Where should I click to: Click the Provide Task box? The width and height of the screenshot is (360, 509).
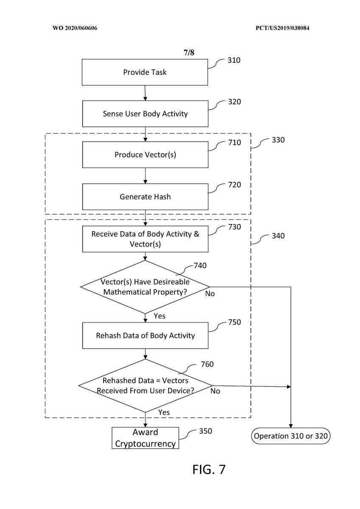click(x=145, y=72)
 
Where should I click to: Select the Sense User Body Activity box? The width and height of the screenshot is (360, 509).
click(x=145, y=114)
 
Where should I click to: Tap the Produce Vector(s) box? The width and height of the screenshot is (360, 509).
click(x=145, y=155)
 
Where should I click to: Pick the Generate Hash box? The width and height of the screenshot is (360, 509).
click(x=145, y=197)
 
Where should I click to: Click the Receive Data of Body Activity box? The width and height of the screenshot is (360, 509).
click(x=145, y=239)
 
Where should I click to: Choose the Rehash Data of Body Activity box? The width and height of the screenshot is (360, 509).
click(x=145, y=336)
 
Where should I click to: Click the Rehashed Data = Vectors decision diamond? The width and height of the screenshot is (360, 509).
click(x=145, y=386)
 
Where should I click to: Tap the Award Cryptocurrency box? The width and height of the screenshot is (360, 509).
click(x=145, y=438)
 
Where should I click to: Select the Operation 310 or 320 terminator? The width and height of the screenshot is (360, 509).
click(x=291, y=436)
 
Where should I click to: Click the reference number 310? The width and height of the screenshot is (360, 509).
click(x=233, y=60)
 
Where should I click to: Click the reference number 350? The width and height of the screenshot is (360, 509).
click(x=205, y=431)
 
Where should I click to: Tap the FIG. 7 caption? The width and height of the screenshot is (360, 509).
click(x=209, y=470)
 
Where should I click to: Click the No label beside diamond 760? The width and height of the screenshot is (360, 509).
click(x=215, y=391)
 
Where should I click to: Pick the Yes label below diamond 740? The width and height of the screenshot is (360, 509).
click(x=159, y=316)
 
